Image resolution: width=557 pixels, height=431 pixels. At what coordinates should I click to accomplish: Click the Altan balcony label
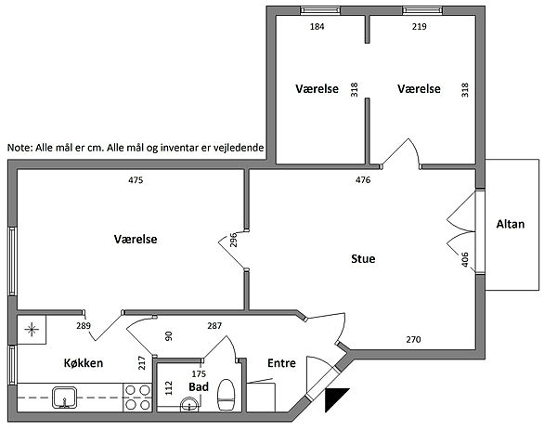coord(510,224)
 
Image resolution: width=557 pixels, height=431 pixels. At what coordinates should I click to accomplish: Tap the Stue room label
coord(363,258)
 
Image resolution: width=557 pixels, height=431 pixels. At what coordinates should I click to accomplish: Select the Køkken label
coord(84,363)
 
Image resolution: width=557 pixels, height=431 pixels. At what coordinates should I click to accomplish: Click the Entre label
coord(281,363)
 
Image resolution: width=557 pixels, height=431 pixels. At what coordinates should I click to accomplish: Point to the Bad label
coord(199,387)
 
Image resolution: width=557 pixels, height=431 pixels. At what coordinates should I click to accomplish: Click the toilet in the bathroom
coord(226,395)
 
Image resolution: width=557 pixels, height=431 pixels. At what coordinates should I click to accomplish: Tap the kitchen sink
coord(64,398)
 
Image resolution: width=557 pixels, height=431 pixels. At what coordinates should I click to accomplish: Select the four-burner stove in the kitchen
coord(137,398)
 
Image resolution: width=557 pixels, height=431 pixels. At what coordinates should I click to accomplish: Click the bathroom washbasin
coord(189,405)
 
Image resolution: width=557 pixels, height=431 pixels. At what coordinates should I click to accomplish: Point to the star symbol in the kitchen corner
coord(32,330)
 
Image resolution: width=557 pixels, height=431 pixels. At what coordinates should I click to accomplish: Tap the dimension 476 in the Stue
coord(363,180)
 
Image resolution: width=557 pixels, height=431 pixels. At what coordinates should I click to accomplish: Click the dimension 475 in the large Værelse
coord(136,180)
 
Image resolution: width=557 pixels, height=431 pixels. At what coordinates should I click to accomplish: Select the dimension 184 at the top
coord(317,26)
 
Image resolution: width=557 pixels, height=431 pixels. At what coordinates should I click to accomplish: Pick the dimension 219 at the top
coord(420,26)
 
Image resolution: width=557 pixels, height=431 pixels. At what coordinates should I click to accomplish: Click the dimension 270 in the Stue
coord(413,340)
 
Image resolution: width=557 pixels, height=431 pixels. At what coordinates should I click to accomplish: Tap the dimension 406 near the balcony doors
coord(465,259)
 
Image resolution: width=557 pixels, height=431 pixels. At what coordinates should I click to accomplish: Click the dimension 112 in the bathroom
coord(169,388)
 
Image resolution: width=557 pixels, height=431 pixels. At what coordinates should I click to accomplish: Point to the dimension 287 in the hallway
coord(214,325)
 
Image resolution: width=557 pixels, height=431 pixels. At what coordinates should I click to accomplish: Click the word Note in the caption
coord(19,148)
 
